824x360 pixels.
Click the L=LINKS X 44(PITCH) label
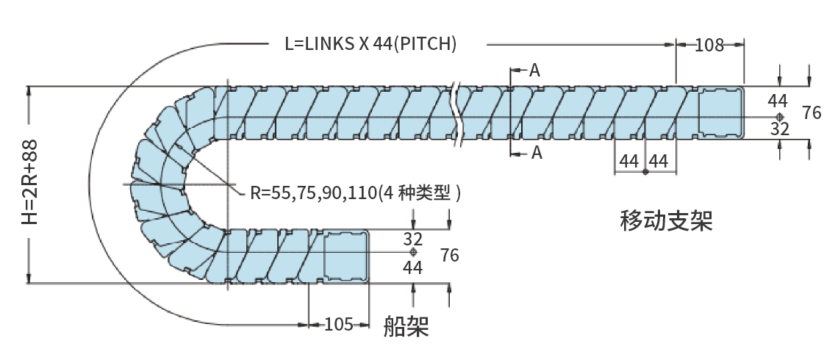point(370,44)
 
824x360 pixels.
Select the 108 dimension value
point(709,46)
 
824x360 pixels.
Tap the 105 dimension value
point(338,324)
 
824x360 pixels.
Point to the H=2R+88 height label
point(30,182)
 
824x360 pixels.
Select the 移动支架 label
point(666,220)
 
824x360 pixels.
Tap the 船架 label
point(406,326)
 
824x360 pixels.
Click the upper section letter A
point(534,70)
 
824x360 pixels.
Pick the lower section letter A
point(536,152)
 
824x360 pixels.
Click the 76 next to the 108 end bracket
point(812,112)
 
